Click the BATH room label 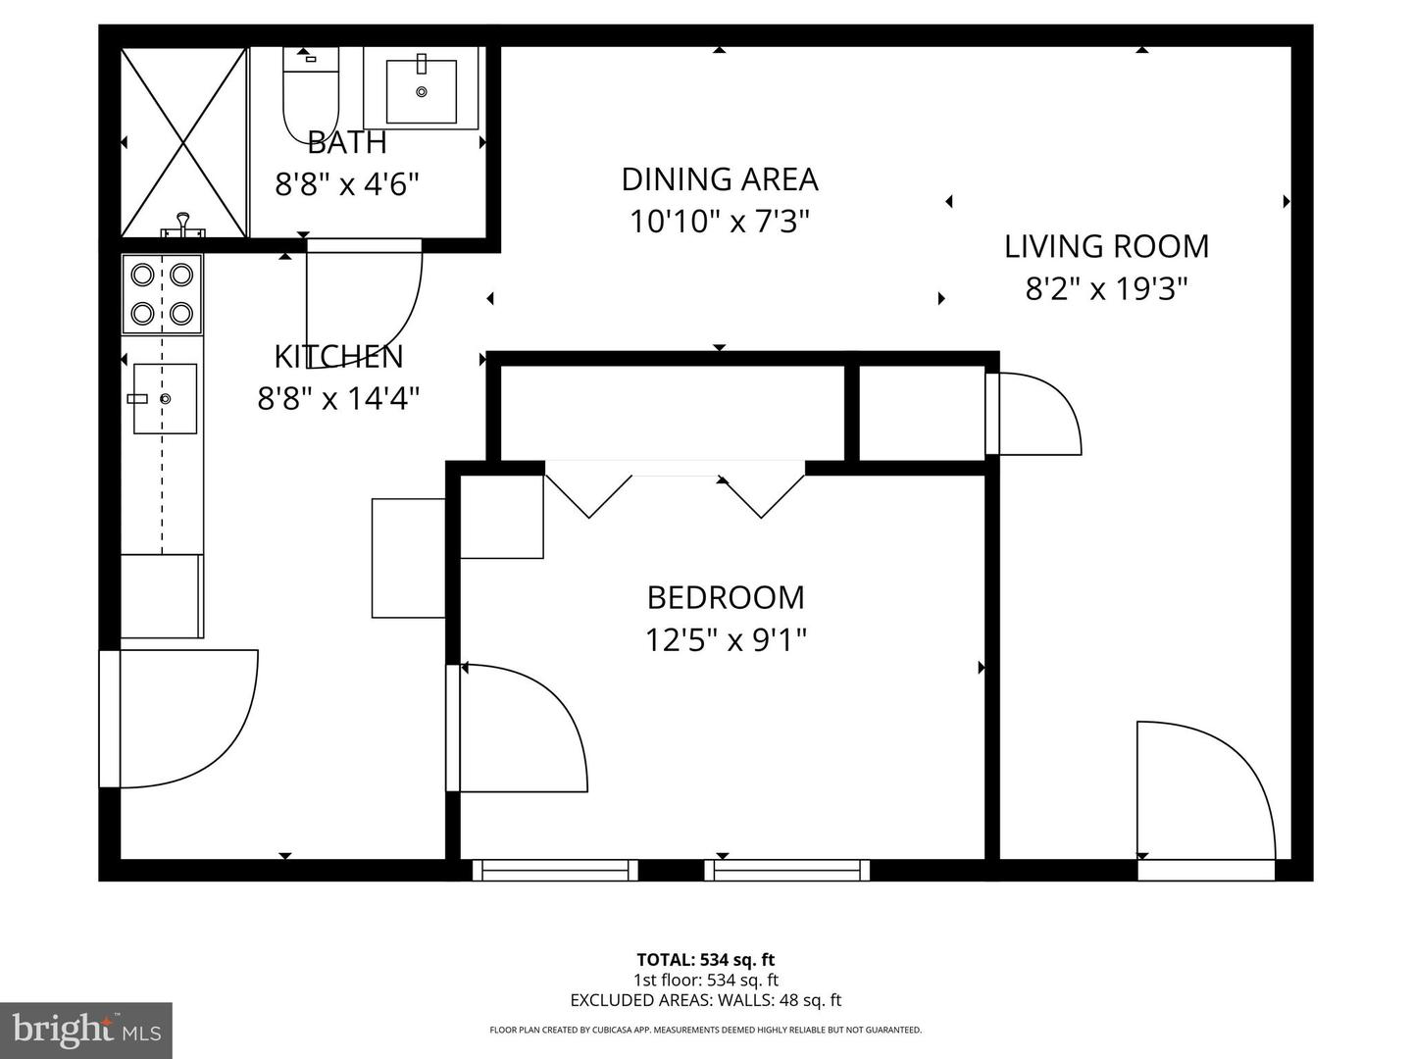(x=347, y=142)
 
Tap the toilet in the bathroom (x=309, y=93)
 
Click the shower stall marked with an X (x=183, y=142)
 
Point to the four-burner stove (x=162, y=293)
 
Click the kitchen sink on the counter (x=165, y=398)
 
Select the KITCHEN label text (x=338, y=356)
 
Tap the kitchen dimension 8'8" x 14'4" (x=338, y=398)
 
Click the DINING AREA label (x=720, y=179)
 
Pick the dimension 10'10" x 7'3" (x=720, y=222)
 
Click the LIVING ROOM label (x=1106, y=246)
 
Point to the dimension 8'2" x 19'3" (x=1106, y=288)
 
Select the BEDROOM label (x=726, y=597)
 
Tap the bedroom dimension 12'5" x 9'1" (x=726, y=639)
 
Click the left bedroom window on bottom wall (x=555, y=870)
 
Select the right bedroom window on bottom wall (x=787, y=870)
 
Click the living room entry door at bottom (x=1206, y=794)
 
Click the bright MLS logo (x=86, y=1030)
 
